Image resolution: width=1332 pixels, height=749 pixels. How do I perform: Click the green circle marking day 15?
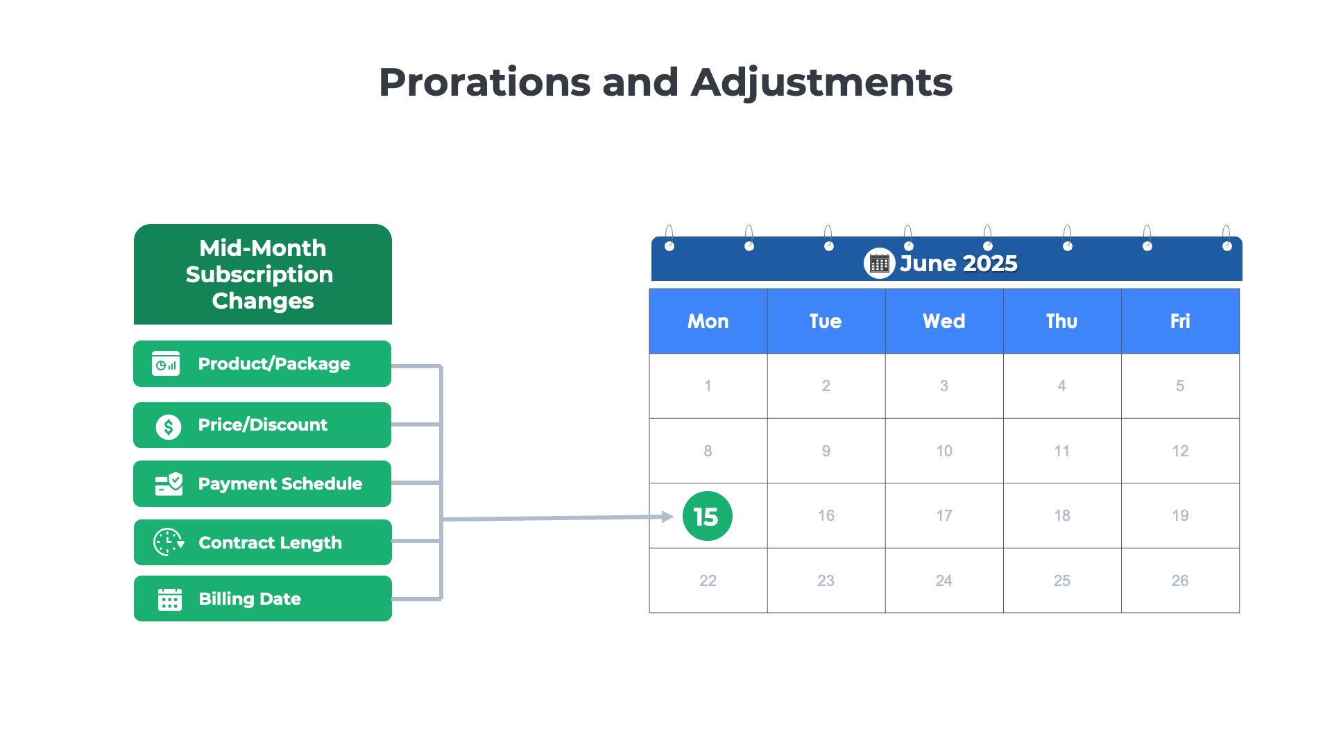[x=707, y=516]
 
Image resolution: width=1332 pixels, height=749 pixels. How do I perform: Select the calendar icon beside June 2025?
[x=879, y=264]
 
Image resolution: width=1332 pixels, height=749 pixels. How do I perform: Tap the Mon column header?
[x=708, y=321]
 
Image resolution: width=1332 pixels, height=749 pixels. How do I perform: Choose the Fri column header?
[x=1179, y=321]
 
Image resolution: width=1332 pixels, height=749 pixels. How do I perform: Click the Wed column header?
[x=943, y=321]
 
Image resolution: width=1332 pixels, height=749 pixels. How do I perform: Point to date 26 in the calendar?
[x=1179, y=580]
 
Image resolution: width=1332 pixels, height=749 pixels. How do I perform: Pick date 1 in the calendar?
[x=708, y=386]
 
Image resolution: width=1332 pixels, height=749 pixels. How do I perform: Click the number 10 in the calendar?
[x=943, y=451]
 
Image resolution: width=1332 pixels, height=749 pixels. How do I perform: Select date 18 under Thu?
[x=1061, y=515]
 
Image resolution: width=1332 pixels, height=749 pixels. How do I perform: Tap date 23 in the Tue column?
[x=826, y=580]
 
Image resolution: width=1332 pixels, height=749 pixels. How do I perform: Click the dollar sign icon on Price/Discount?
[x=168, y=426]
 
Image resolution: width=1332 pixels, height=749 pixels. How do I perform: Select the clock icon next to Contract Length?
[x=168, y=542]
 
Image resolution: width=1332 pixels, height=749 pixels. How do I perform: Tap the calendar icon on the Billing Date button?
[x=169, y=599]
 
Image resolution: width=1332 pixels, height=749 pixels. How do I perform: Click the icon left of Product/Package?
[x=166, y=363]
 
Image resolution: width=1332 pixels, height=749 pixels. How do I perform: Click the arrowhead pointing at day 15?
[x=667, y=517]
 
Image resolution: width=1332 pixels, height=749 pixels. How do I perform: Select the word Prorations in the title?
[x=484, y=83]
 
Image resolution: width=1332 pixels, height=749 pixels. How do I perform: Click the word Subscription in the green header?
[x=259, y=275]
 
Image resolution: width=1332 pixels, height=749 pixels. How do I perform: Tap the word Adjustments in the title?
[x=821, y=83]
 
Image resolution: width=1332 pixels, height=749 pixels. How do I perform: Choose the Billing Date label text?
[x=250, y=599]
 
